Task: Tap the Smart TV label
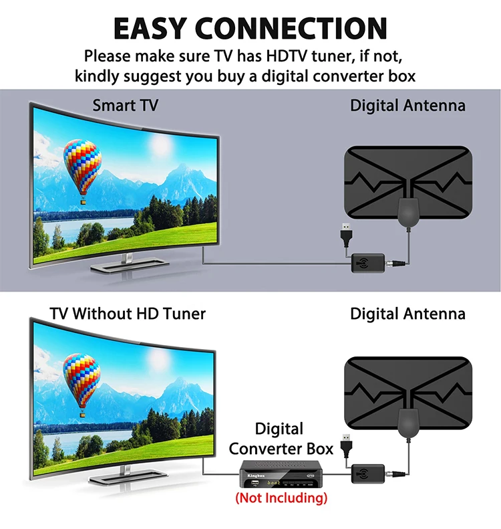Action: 125,105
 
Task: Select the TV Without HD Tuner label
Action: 128,313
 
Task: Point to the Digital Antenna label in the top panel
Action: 407,105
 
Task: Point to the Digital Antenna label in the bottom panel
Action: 407,313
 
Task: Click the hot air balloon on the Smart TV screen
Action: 83,170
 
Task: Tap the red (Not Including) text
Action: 281,498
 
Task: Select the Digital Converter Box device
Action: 280,476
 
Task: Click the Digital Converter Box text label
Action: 280,439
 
